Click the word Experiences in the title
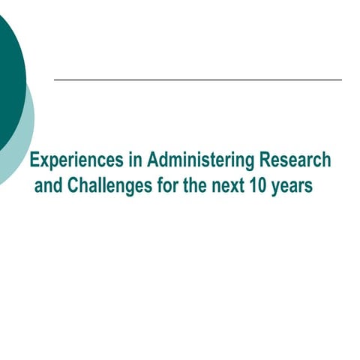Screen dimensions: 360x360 coord(73,160)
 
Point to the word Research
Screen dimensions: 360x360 coord(294,160)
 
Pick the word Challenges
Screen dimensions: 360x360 coord(111,184)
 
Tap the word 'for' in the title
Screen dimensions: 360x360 coord(167,184)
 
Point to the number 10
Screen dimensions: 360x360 coord(259,184)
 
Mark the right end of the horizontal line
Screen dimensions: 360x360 coord(341,79)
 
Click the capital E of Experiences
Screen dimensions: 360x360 coord(34,160)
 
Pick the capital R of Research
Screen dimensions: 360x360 coord(263,160)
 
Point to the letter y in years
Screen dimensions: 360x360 coord(276,187)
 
